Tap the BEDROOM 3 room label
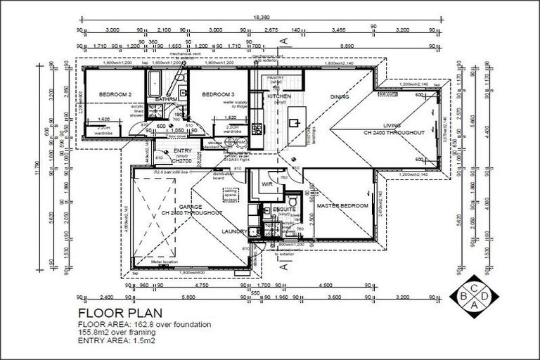click(218, 94)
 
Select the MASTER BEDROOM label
click(342, 205)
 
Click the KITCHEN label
click(279, 96)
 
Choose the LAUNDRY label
click(234, 231)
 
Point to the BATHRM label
click(166, 100)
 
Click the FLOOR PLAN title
click(120, 312)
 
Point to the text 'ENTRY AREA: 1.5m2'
click(116, 340)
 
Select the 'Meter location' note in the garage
click(165, 262)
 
